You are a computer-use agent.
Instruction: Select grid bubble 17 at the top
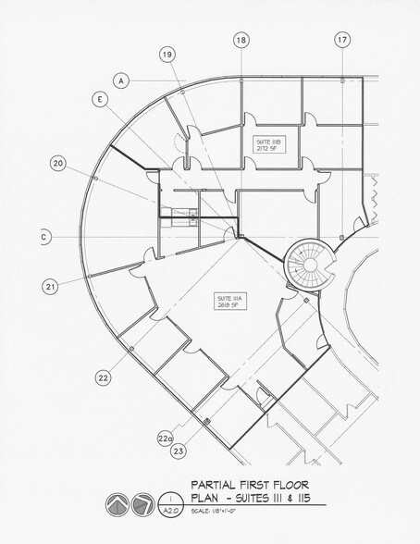coord(342,40)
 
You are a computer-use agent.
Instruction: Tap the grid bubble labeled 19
coord(167,56)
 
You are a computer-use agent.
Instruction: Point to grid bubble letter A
coord(121,80)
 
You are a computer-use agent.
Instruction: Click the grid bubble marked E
coord(99,98)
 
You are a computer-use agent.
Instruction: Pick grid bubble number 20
coord(58,164)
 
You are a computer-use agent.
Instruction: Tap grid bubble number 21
coord(49,286)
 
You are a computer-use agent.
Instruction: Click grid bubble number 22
coord(103,377)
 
